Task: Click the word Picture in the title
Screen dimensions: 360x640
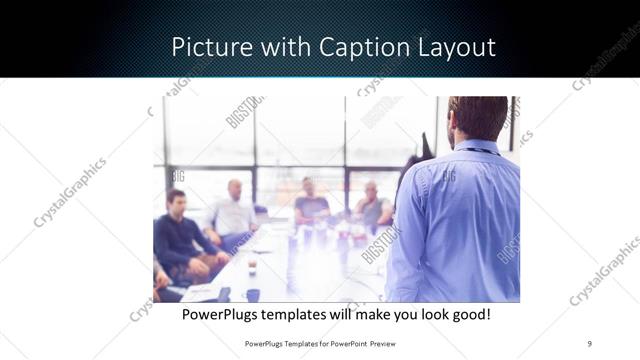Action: click(x=205, y=47)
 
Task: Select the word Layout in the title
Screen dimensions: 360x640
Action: click(x=455, y=47)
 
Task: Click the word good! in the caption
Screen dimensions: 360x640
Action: click(x=471, y=314)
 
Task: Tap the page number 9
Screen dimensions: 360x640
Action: click(x=589, y=343)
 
